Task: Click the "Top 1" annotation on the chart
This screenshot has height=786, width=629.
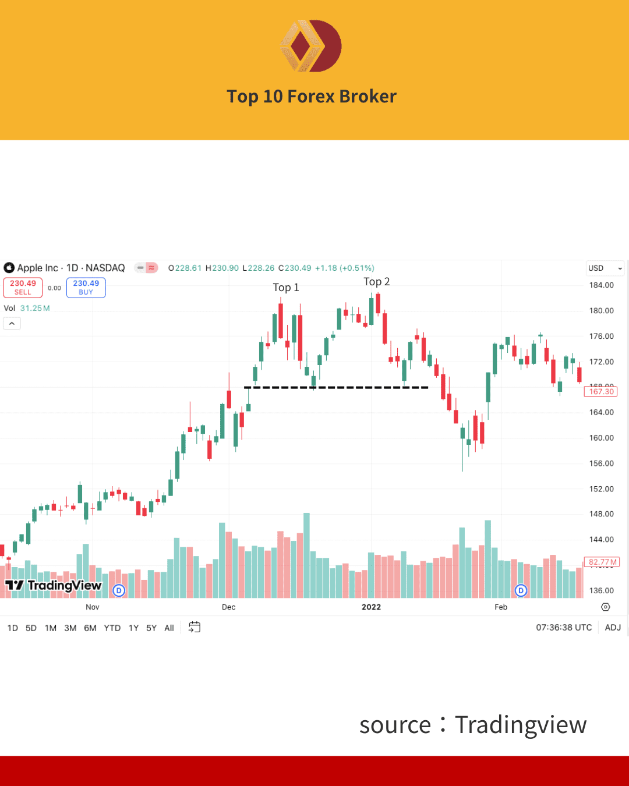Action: click(286, 288)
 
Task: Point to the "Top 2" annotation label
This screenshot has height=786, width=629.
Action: click(377, 282)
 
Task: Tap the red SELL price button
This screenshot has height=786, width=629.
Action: click(23, 288)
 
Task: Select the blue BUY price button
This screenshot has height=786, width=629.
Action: click(86, 288)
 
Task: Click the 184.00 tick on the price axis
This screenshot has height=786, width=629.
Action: click(601, 285)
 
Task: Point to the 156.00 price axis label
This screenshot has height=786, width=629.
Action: click(601, 463)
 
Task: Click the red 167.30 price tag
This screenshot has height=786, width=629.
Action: click(601, 392)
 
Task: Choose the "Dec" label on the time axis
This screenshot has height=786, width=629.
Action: click(229, 607)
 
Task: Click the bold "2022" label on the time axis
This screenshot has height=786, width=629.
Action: click(371, 607)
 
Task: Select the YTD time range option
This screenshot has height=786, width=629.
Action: click(112, 628)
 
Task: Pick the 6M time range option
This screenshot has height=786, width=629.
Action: click(90, 628)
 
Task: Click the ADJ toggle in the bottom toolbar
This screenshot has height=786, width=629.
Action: click(613, 628)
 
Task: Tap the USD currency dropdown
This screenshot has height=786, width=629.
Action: click(605, 268)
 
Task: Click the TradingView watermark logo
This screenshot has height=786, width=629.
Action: click(54, 586)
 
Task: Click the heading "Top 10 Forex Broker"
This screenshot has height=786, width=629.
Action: click(312, 96)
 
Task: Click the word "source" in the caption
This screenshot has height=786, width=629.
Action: click(395, 725)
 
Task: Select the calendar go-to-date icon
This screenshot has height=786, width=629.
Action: click(195, 628)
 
